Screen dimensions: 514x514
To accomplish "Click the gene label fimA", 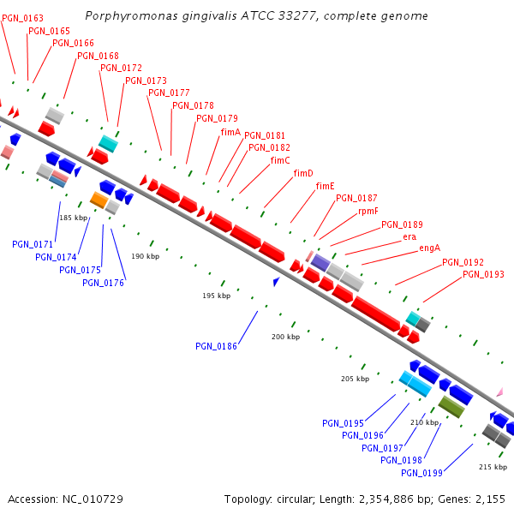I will (230, 132).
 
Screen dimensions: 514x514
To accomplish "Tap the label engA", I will (429, 248).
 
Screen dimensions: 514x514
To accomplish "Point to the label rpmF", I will (368, 211).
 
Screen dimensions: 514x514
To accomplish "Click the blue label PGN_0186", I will (216, 346).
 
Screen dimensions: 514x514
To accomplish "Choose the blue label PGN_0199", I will (421, 473).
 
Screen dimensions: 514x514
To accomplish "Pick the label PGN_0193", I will (483, 275).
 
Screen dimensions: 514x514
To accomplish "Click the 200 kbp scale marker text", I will (285, 338).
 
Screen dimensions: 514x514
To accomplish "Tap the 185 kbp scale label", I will (73, 218).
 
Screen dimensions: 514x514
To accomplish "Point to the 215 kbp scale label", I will (492, 467).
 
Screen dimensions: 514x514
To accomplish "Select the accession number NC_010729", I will (92, 499).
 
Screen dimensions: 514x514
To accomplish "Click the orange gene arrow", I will (99, 200).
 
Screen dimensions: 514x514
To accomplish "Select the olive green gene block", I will (451, 406).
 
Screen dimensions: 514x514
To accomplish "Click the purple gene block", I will (320, 261).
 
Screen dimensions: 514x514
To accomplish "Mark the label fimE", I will (325, 187).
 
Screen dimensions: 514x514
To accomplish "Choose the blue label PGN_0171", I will (33, 245).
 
